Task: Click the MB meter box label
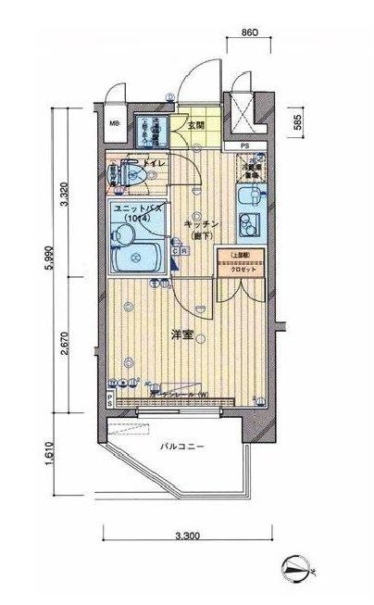coord(114,124)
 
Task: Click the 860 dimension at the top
coord(247,33)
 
